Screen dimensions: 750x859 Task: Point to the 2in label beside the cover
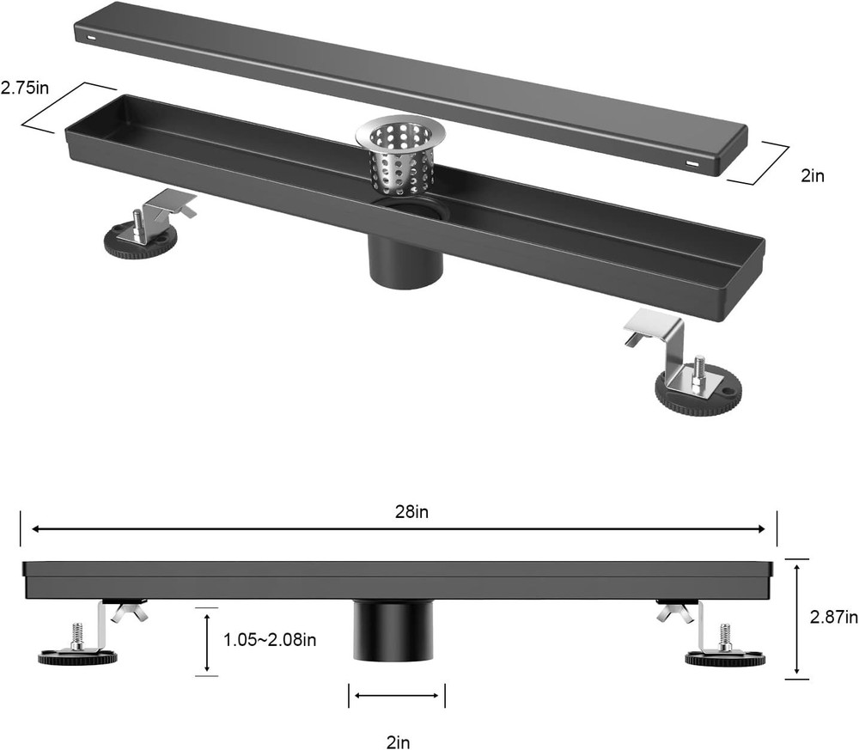812,176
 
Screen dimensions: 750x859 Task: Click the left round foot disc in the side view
77,657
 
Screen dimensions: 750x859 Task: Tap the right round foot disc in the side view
724,658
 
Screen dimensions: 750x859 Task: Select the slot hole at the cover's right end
692,162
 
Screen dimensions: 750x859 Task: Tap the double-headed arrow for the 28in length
398,529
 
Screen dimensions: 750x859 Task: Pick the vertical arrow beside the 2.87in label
797,616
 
